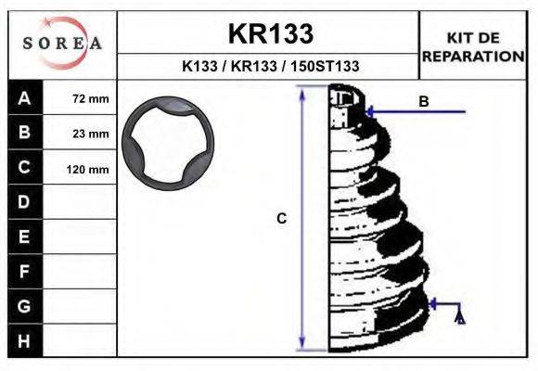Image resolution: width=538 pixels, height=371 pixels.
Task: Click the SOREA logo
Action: (62, 44)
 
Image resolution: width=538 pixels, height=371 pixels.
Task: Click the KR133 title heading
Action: (270, 33)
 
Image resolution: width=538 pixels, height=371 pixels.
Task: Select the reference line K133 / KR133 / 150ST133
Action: (270, 67)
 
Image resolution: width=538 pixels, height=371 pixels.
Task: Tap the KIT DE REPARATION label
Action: (474, 46)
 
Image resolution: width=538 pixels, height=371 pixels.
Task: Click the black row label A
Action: (24, 98)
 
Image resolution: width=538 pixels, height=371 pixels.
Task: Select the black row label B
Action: (24, 133)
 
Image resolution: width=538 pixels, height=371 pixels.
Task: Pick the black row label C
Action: (24, 168)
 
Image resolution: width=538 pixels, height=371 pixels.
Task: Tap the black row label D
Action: (24, 201)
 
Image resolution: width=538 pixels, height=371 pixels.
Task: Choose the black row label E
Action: (24, 237)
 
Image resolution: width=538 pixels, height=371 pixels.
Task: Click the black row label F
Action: (24, 271)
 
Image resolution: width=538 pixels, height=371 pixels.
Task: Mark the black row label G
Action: (24, 305)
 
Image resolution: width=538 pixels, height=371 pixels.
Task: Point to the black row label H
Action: (24, 340)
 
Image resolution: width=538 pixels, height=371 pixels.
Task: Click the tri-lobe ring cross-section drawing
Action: (168, 144)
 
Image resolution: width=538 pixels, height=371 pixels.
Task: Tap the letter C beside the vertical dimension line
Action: (282, 219)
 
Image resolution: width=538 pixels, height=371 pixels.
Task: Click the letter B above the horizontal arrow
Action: (424, 101)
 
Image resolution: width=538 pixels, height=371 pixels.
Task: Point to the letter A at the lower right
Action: (460, 319)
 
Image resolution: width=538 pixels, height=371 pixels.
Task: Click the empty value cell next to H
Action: (81, 340)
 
